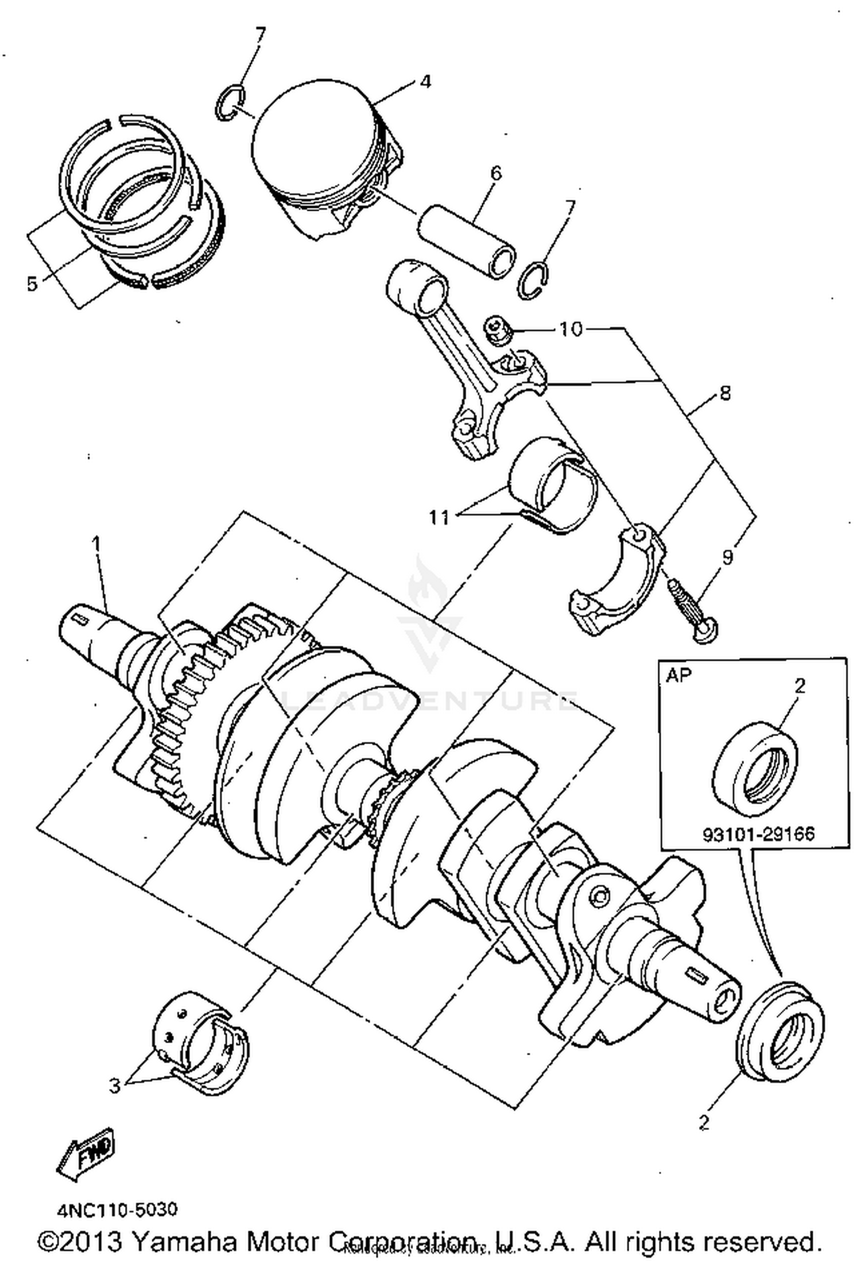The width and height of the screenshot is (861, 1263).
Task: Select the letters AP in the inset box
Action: point(679,675)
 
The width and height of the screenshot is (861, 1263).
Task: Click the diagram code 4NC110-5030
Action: point(117,1210)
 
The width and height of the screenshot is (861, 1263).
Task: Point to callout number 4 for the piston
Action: point(425,81)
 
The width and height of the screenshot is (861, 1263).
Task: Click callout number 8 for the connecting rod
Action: point(725,393)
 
